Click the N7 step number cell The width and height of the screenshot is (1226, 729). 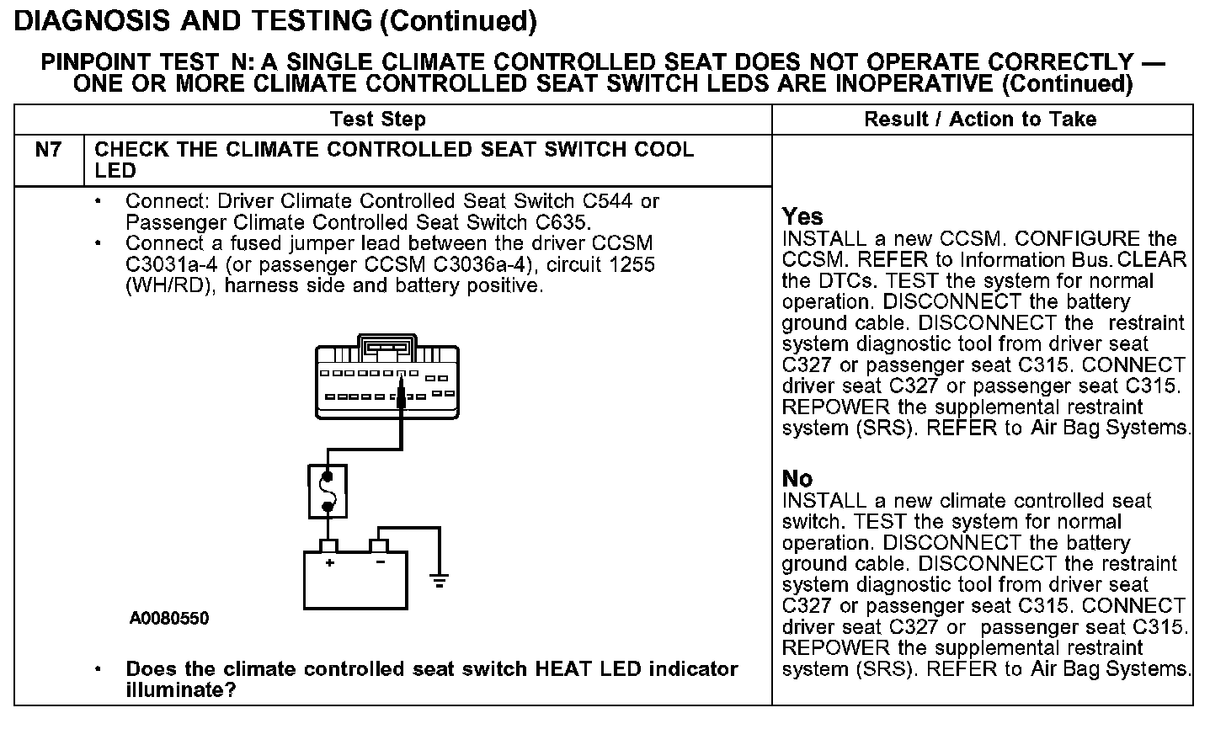[x=48, y=151]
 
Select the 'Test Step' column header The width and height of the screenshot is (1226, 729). [x=377, y=120]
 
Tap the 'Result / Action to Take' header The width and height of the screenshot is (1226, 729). [x=980, y=120]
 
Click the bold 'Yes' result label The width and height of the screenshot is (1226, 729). [x=802, y=216]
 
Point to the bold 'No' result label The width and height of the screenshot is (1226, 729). [x=797, y=479]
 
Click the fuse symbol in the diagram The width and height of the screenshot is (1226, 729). [x=328, y=491]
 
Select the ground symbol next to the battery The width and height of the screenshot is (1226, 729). [x=439, y=579]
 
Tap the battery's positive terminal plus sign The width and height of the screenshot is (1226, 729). [x=330, y=562]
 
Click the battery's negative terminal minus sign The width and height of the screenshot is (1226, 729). [x=380, y=562]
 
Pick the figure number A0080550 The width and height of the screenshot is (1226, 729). [x=169, y=619]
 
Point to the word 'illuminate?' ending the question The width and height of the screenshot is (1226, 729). [x=180, y=690]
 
